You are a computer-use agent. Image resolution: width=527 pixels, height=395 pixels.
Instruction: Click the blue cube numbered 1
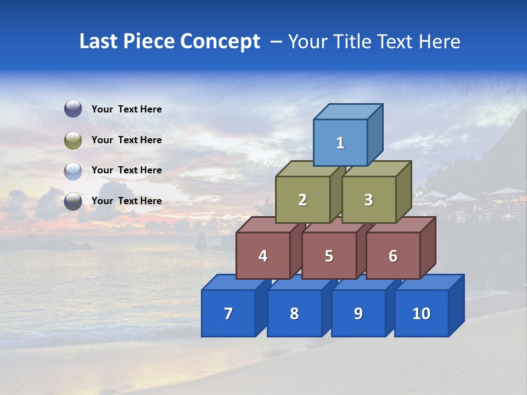340,143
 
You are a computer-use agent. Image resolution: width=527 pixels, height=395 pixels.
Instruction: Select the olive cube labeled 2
302,200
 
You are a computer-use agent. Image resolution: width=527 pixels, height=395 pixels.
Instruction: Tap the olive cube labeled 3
368,200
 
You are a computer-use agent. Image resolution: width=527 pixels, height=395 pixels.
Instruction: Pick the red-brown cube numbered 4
263,256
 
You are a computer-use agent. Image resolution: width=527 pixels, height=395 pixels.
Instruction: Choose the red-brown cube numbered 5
329,256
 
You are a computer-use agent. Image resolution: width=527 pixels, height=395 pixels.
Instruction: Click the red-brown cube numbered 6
393,256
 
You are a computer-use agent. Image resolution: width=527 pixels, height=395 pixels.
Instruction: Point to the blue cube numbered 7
228,313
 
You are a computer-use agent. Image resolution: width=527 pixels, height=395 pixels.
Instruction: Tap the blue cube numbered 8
294,313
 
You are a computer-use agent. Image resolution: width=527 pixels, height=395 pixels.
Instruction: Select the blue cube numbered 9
358,313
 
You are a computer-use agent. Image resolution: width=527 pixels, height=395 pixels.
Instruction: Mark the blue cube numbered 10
421,313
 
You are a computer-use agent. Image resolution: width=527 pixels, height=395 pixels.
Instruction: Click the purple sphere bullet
73,109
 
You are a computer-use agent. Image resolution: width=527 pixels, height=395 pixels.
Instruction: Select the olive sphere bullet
73,140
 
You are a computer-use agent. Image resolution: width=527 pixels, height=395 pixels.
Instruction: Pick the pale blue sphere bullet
73,171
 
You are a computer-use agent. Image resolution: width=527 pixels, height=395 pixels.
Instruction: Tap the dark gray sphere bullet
73,201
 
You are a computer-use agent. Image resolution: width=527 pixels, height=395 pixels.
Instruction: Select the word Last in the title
99,42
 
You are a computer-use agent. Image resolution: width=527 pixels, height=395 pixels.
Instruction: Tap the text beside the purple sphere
126,109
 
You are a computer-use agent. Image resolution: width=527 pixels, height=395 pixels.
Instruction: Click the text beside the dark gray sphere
126,201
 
